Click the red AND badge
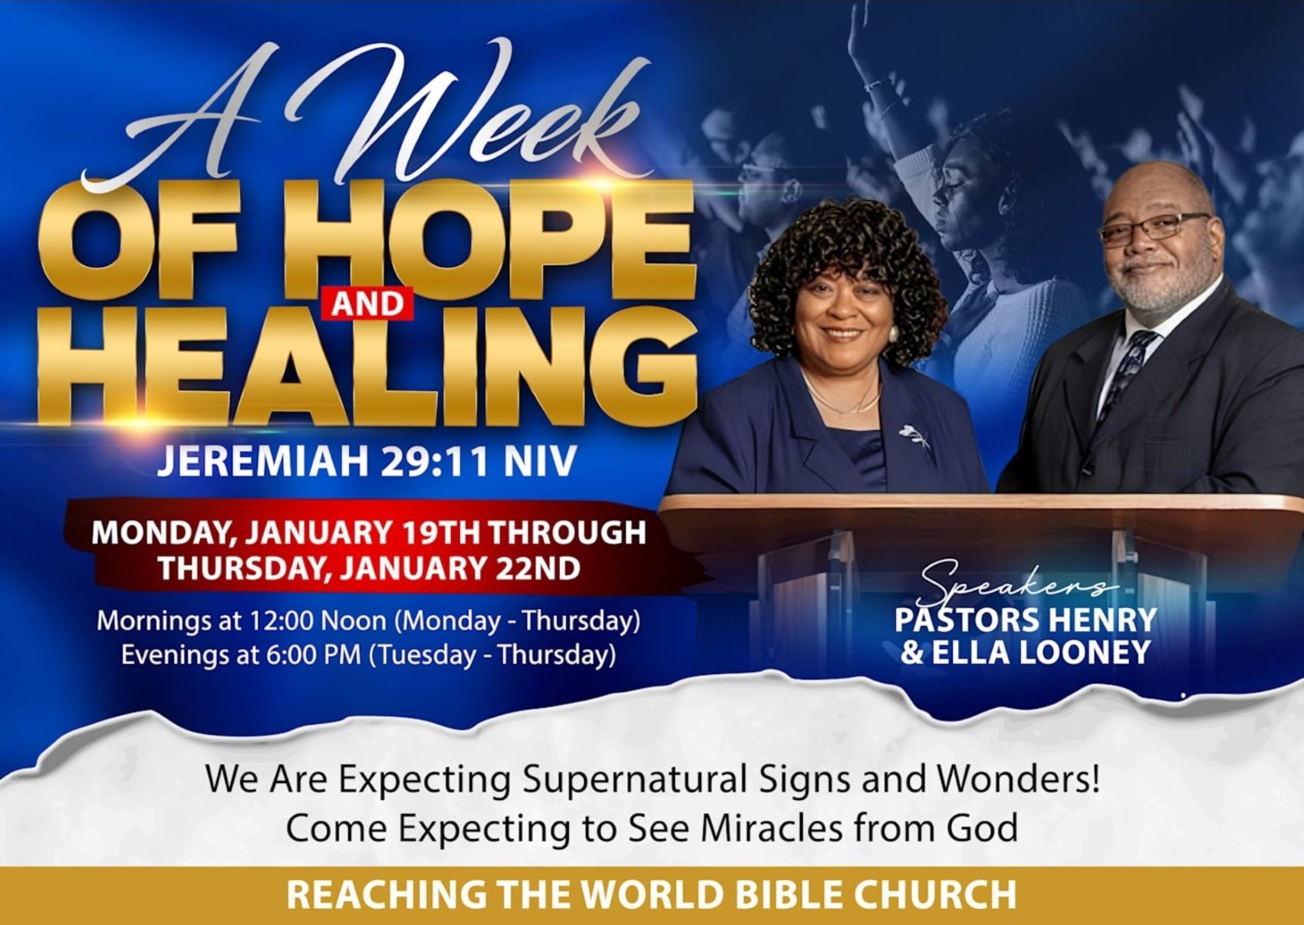367,304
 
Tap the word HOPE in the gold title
498,240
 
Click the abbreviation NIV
541,460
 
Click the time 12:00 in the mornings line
282,621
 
